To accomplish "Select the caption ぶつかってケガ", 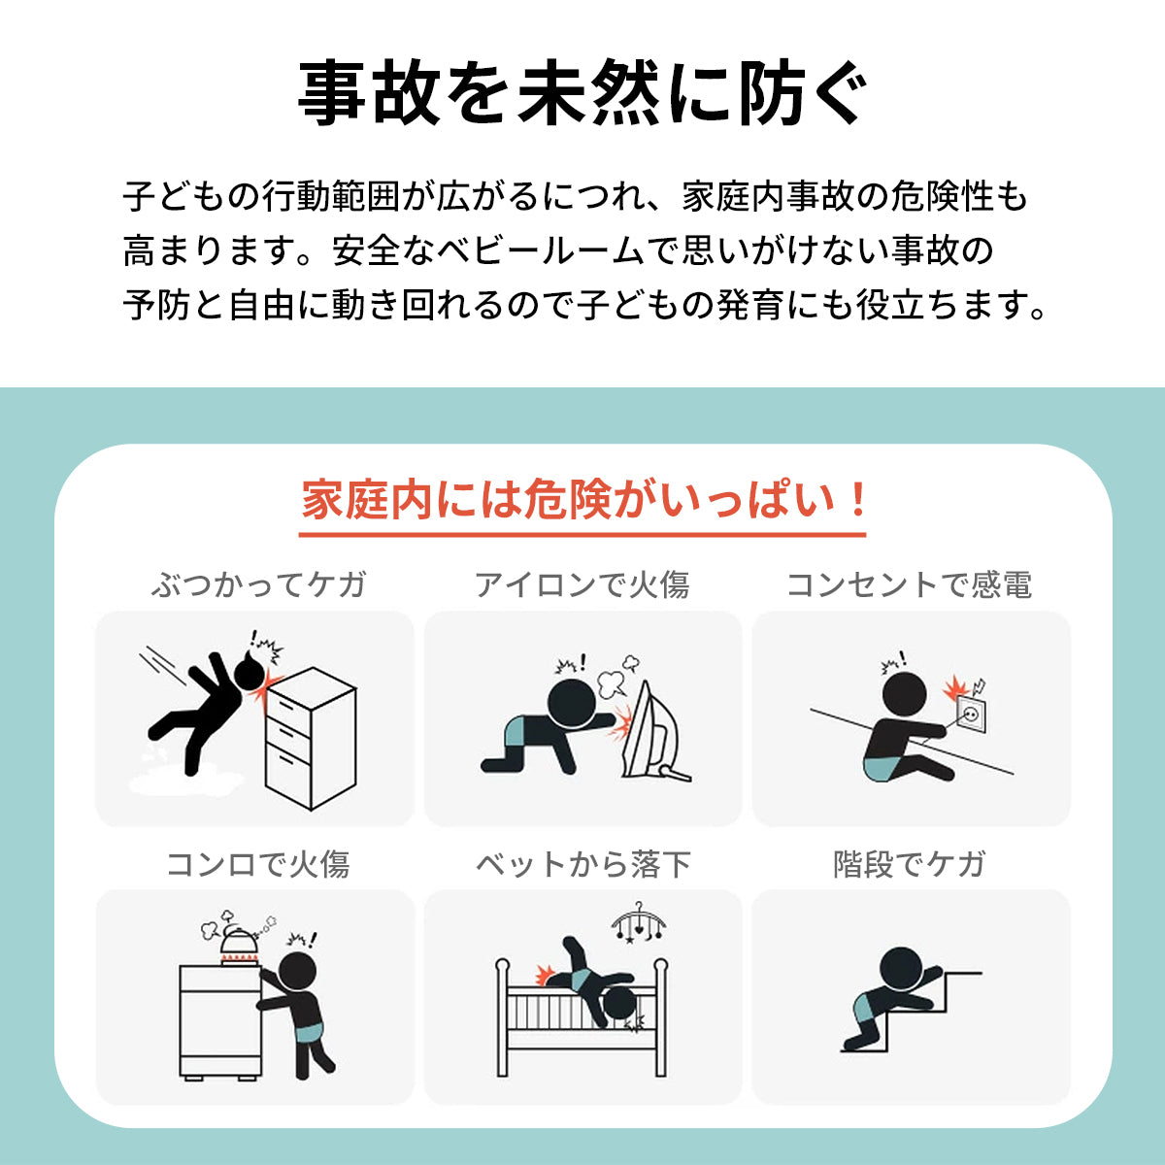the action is coord(258,584).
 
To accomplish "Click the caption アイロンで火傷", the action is coord(582,584).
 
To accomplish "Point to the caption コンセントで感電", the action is coord(910,584).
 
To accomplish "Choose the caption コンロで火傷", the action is coord(258,864).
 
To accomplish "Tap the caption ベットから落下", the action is coord(582,864).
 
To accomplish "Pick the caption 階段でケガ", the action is coord(910,864).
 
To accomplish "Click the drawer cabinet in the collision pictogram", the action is coord(311,739).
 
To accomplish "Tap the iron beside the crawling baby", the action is coord(655,733).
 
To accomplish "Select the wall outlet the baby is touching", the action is coord(970,716).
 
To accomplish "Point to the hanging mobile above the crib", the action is coord(639,923).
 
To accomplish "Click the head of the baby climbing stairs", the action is coord(901,969).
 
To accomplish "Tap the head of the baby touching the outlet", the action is coord(904,695).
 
